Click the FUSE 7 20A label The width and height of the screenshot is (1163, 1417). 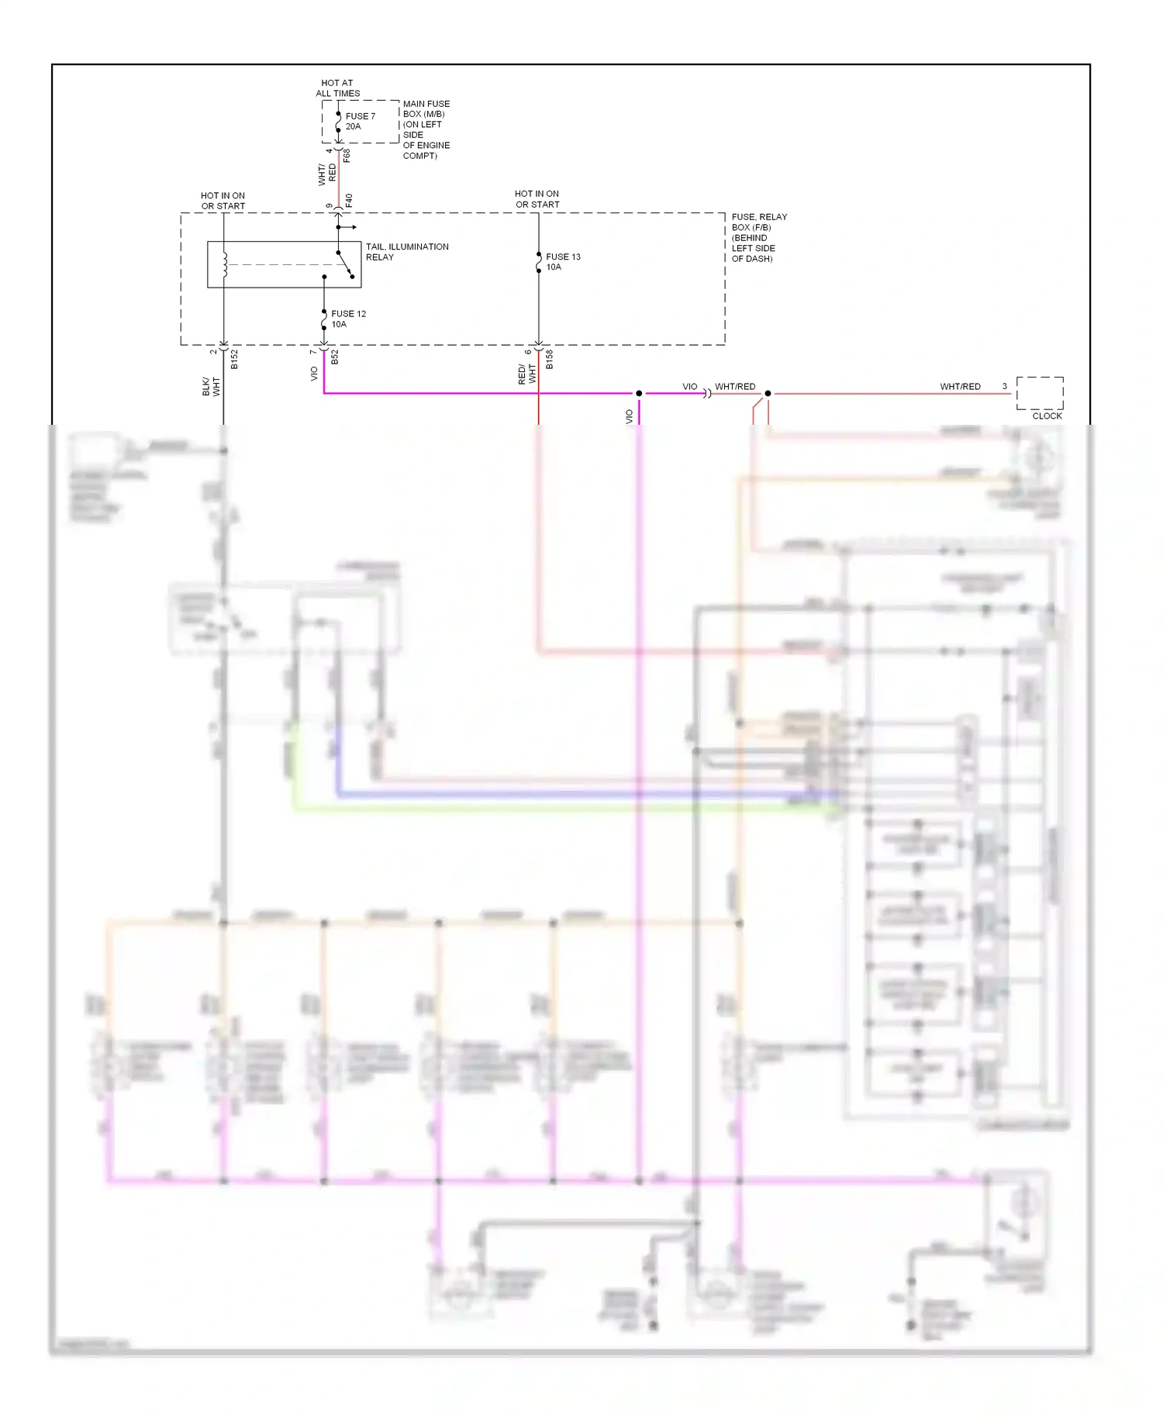click(360, 121)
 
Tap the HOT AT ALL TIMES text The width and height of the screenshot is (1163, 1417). click(337, 88)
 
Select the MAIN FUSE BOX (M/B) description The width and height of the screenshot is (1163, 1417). click(426, 129)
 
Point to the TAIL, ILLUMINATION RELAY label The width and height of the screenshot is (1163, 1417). click(406, 252)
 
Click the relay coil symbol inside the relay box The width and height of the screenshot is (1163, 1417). click(225, 264)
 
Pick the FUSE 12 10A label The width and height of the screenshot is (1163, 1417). click(347, 319)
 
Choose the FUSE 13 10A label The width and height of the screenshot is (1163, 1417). click(562, 262)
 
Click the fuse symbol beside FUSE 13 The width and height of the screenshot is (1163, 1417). click(539, 263)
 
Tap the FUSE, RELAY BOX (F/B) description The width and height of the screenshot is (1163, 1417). click(759, 237)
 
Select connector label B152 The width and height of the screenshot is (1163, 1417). click(234, 360)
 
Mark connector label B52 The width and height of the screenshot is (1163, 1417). click(335, 357)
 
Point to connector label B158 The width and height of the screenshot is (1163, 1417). click(549, 360)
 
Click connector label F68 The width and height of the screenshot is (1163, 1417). click(347, 155)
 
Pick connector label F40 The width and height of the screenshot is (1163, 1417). click(348, 200)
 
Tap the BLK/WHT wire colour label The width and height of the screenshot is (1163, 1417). click(211, 386)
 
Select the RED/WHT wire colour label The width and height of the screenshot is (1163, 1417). click(526, 374)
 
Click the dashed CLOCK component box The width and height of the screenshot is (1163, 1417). click(1040, 393)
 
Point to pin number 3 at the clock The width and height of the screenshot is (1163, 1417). click(1004, 386)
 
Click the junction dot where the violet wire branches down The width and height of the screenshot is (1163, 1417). click(639, 394)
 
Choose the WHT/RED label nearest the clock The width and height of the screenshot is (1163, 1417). click(960, 386)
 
